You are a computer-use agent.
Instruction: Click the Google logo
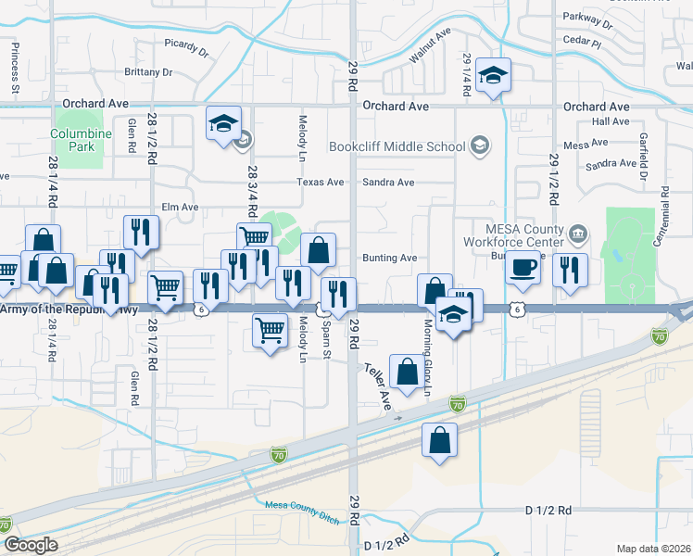[x=31, y=545]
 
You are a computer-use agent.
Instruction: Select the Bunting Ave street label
[x=389, y=258]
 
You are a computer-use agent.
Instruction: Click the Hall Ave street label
[x=611, y=121]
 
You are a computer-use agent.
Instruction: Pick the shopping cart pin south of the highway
[x=269, y=329]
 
